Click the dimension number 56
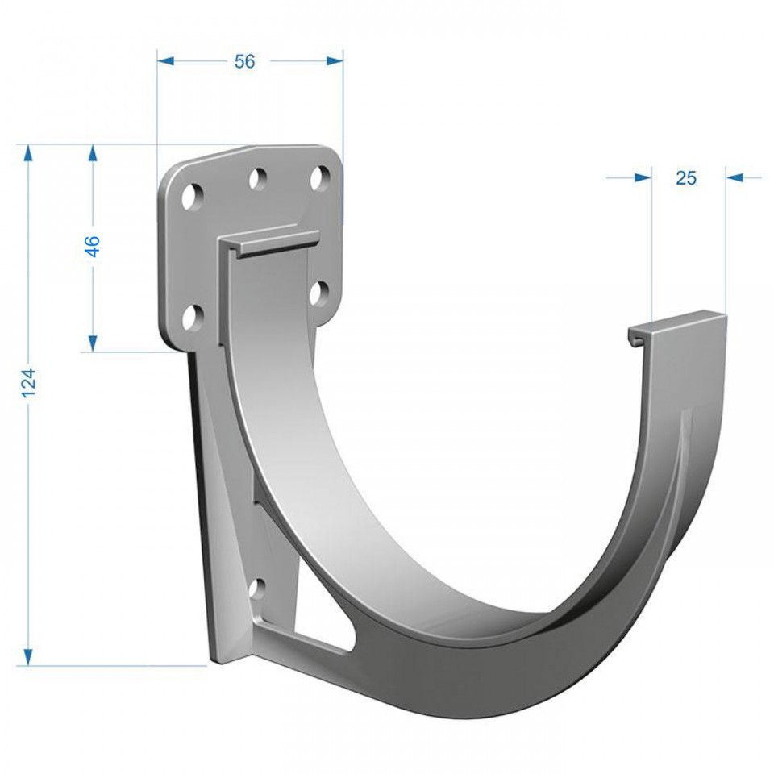245,61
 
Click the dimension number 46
92,247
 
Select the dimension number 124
29,382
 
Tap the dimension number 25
685,177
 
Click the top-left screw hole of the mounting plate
193,197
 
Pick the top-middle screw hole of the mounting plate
258,179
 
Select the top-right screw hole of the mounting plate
320,177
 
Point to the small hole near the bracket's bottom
257,588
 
